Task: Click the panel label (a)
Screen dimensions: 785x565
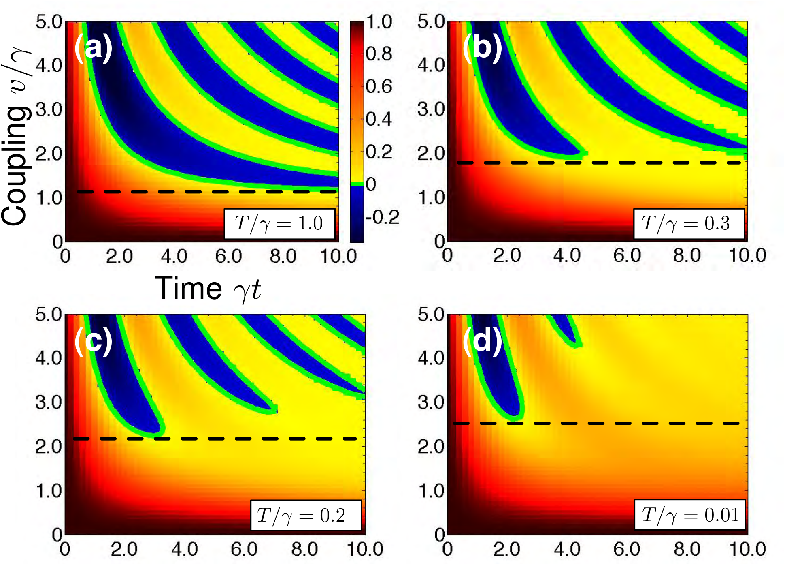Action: pos(93,48)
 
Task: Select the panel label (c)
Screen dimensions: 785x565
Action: pos(93,341)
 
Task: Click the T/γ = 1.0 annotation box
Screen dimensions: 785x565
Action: pos(280,224)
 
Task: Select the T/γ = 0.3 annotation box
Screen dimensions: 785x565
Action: pos(689,224)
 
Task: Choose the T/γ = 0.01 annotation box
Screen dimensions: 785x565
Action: pos(690,515)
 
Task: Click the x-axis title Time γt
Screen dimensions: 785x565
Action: pos(208,289)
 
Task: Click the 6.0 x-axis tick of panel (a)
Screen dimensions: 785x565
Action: pos(229,257)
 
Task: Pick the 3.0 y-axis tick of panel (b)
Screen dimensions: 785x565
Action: pos(431,109)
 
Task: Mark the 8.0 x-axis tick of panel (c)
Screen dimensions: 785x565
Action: pos(304,550)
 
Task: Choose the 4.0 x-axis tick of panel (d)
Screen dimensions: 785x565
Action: pos(567,550)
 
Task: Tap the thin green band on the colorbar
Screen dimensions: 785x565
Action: pos(357,184)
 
